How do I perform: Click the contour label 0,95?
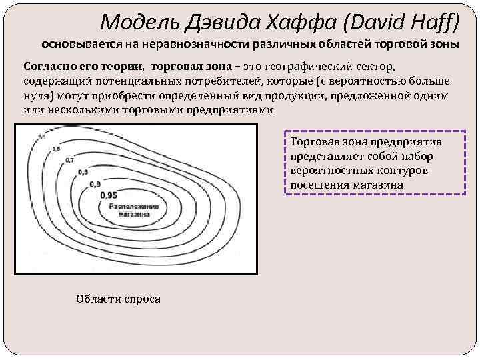(x=108, y=195)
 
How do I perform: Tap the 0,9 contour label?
(x=95, y=183)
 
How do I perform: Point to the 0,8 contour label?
(x=83, y=172)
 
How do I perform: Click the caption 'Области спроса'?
(x=119, y=299)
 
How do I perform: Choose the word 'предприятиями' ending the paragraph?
(x=230, y=109)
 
